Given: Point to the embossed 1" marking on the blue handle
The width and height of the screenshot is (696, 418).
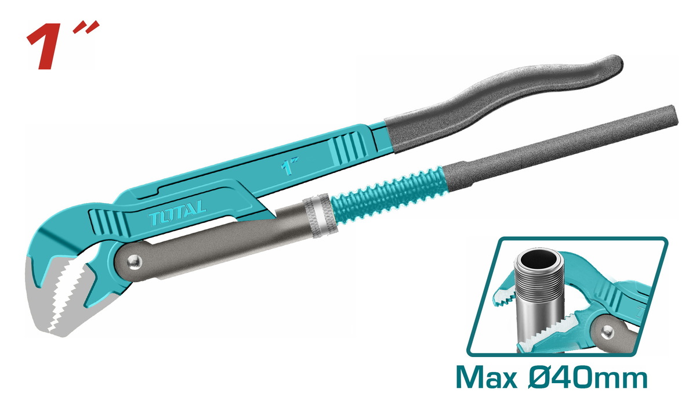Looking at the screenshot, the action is tap(289, 165).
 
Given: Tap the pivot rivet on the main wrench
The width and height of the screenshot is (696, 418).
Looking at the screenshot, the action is tap(135, 262).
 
